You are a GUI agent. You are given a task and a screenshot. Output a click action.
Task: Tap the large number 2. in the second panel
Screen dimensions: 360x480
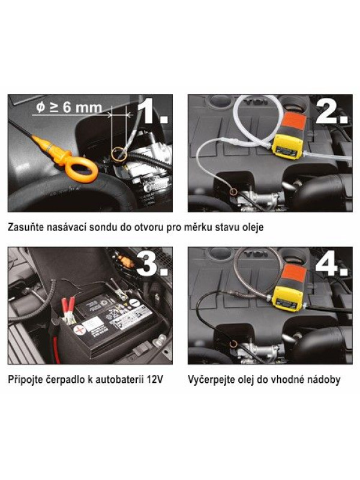[x=332, y=112]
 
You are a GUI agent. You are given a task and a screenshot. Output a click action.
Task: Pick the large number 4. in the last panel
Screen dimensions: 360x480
[x=332, y=264]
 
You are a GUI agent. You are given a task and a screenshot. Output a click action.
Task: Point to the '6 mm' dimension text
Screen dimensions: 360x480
[x=82, y=108]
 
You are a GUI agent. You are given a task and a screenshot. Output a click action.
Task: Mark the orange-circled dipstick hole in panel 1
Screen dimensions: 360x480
[x=119, y=154]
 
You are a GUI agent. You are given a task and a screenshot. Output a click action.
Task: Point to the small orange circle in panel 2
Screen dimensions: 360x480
[x=233, y=192]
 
